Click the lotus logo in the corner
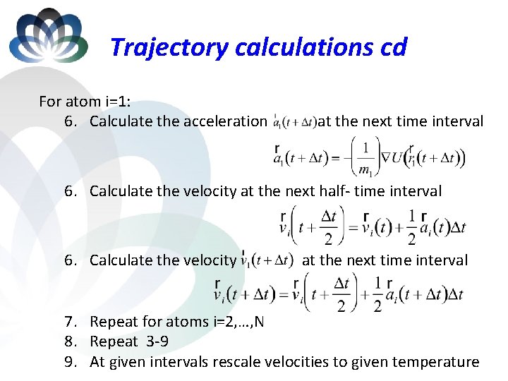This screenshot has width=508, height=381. point(48,35)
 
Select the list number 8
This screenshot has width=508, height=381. point(70,342)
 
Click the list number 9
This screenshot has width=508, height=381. point(70,362)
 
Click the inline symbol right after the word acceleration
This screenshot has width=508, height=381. point(294,121)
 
